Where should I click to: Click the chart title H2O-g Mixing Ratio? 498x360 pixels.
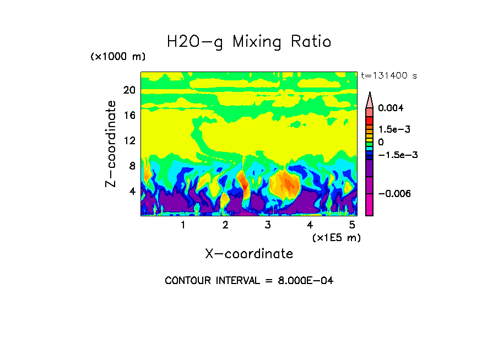249,42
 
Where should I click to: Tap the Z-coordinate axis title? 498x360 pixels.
111,144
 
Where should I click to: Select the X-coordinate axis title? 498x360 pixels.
249,254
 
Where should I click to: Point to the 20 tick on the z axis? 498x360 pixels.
129,90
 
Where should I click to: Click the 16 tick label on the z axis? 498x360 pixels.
129,116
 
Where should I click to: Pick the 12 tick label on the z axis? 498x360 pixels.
129,141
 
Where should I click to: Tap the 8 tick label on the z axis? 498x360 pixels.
131,166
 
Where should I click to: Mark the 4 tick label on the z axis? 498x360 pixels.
131,192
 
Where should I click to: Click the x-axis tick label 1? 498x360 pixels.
183,225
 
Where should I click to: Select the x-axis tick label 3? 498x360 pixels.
268,225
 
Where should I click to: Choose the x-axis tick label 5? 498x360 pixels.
352,225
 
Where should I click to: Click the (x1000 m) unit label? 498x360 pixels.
118,57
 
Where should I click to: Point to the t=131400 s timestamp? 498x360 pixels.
388,75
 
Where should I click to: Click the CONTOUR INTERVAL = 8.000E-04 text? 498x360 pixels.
249,281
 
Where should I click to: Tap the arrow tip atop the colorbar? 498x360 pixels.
370,94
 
